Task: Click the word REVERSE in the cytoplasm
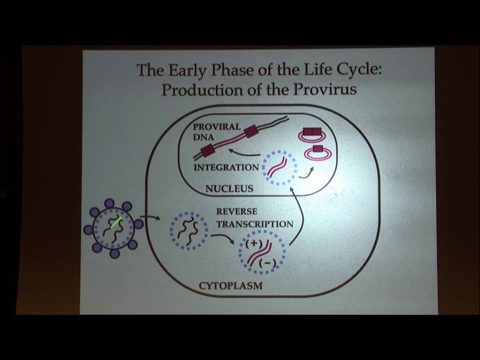236,211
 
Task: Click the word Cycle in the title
354,70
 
